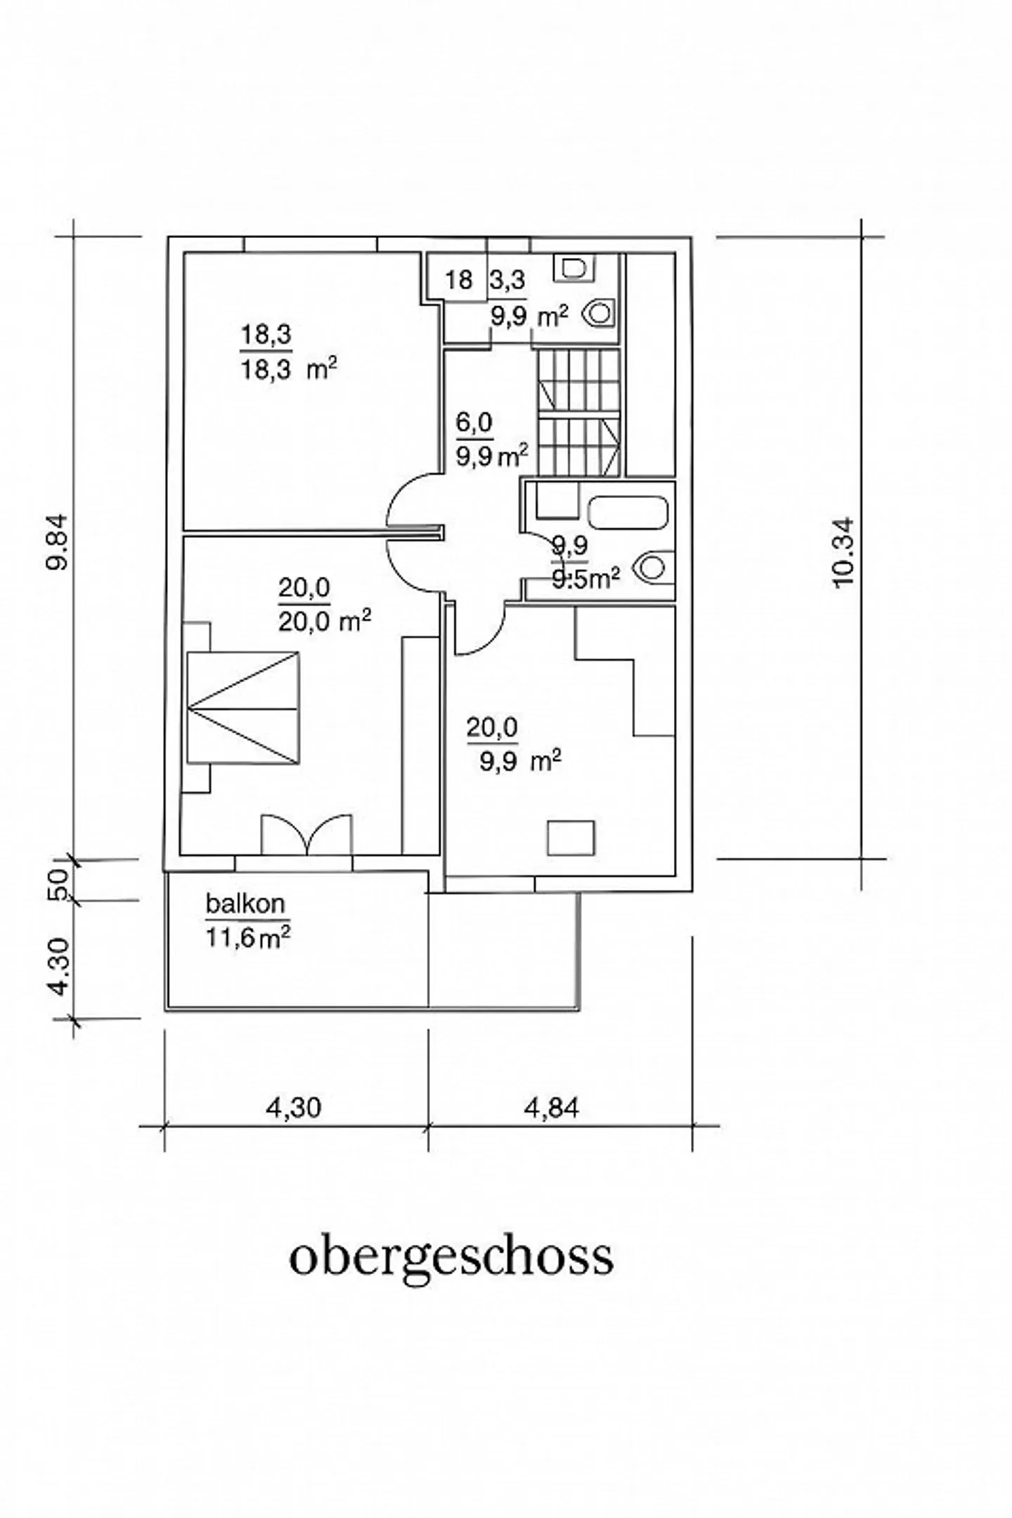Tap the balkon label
pyautogui.click(x=245, y=903)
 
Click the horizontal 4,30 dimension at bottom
pyautogui.click(x=293, y=1107)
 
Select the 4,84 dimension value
pyautogui.click(x=551, y=1107)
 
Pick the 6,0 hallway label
pyautogui.click(x=475, y=423)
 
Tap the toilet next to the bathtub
pyautogui.click(x=653, y=568)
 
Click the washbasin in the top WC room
pyautogui.click(x=573, y=268)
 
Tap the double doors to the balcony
pyautogui.click(x=306, y=834)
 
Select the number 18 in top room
pyautogui.click(x=459, y=280)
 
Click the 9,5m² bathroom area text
pyautogui.click(x=585, y=578)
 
